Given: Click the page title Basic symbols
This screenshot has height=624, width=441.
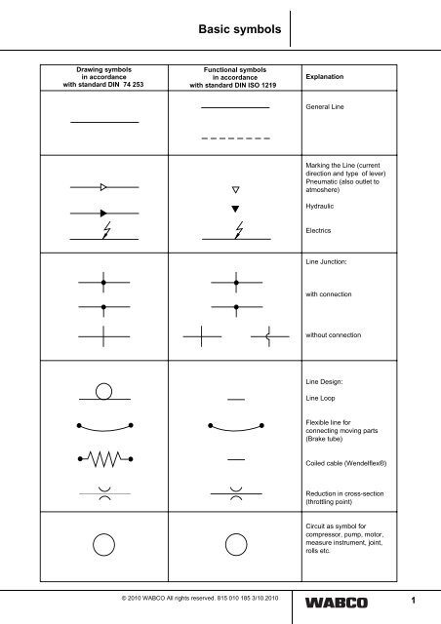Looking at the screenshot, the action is (238, 30).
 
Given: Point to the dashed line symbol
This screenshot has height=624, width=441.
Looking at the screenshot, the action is (235, 139).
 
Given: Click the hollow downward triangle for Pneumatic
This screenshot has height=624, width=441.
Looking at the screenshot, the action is (235, 189).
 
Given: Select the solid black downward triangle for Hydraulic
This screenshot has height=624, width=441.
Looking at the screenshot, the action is (235, 209).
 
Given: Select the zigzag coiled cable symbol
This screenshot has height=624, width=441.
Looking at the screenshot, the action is (103, 458).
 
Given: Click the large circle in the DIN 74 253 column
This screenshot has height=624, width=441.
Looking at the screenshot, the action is (103, 543).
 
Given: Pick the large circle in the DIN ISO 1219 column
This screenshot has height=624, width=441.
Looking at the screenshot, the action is (235, 543).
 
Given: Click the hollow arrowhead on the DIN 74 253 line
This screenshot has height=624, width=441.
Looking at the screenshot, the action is (103, 184).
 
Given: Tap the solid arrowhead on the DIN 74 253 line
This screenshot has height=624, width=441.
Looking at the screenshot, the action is (103, 211).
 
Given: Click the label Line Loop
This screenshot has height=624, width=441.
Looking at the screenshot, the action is (325, 400).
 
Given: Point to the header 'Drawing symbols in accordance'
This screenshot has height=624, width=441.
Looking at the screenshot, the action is (103, 74).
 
